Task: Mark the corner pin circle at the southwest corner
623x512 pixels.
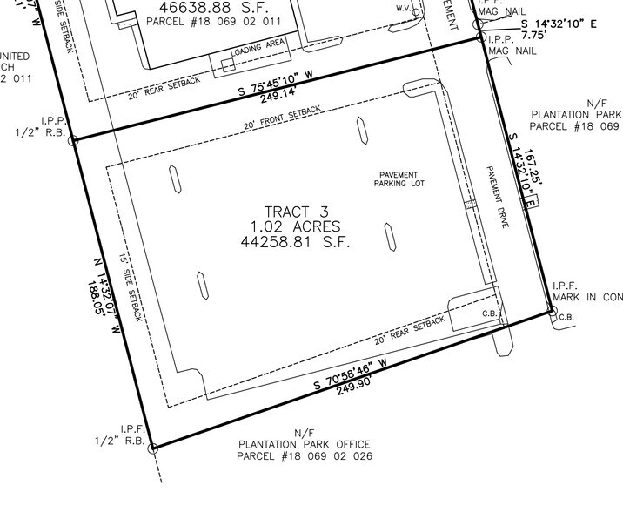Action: [154, 448]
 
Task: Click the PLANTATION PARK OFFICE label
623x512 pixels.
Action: [304, 444]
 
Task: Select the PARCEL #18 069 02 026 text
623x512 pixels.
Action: [304, 455]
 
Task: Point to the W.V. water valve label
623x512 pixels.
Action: [403, 7]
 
